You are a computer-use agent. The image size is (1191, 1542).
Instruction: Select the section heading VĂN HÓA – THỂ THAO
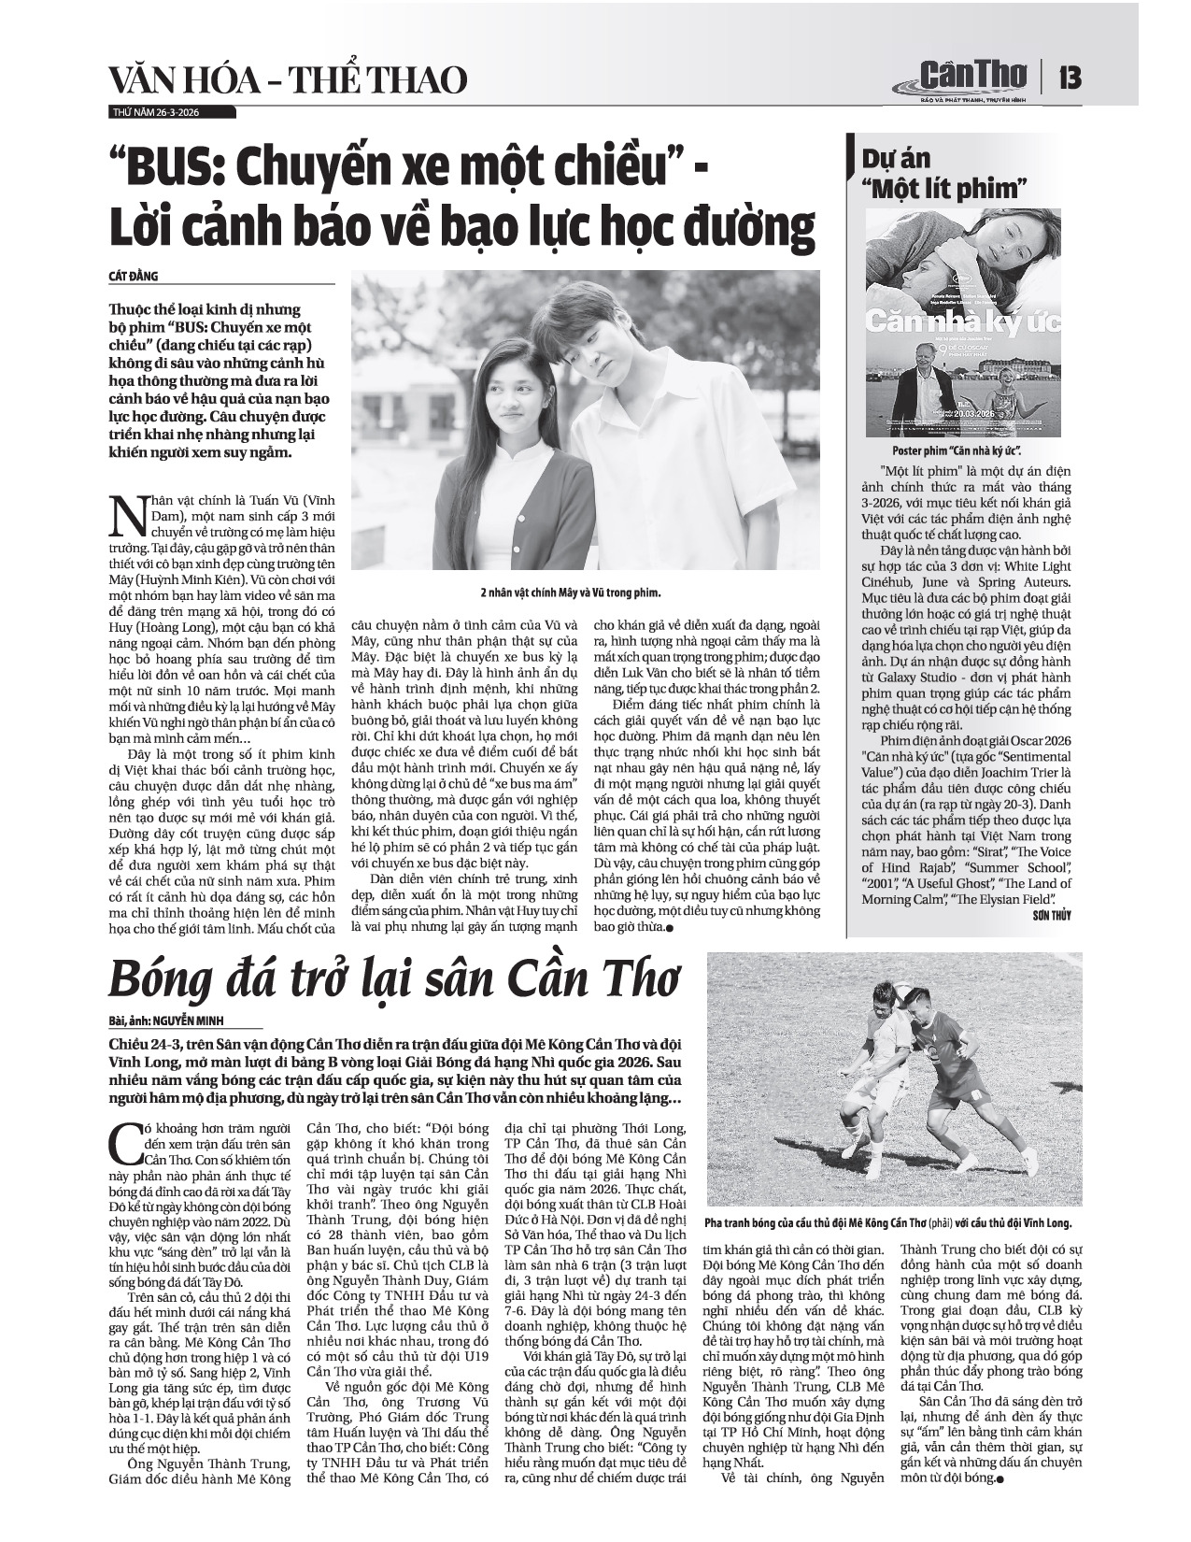coord(288,81)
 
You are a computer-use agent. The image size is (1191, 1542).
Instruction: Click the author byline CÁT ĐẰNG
coord(135,276)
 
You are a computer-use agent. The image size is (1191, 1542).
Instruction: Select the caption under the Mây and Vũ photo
coord(584,593)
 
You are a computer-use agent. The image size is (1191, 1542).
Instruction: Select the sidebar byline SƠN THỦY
coord(1051,916)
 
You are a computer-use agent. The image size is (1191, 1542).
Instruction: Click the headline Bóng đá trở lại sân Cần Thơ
coord(392,980)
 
